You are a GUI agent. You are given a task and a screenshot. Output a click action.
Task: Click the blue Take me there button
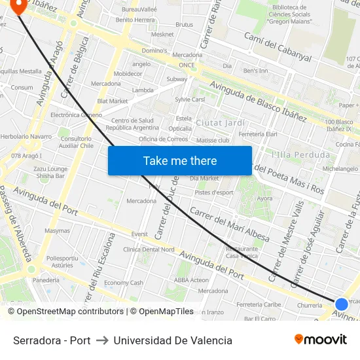[x=180, y=160]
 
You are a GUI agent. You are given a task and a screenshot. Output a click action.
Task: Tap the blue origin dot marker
[x=341, y=304]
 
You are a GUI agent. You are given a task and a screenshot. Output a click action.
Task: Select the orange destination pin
[x=18, y=7]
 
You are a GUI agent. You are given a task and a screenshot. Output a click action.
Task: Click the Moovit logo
[x=320, y=340]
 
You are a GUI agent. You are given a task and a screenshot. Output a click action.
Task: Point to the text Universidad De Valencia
[x=173, y=340]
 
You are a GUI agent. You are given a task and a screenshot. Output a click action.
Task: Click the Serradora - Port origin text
[x=52, y=340]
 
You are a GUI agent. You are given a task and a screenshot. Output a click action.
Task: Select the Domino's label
[x=154, y=50]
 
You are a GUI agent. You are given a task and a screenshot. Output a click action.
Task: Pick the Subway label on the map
[x=177, y=79]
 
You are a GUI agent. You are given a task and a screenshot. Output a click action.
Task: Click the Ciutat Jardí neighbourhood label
[x=221, y=123]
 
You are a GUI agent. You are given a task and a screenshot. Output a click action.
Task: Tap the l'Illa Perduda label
[x=300, y=155]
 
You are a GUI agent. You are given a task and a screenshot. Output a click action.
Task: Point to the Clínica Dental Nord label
[x=149, y=249]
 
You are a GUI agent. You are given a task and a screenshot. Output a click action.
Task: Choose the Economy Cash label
[x=124, y=283]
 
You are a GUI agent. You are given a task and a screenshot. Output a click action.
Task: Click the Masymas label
[x=57, y=231]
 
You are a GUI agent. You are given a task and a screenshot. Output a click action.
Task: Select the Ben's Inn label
[x=255, y=71]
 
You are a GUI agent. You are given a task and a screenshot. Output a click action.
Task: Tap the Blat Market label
[x=113, y=101]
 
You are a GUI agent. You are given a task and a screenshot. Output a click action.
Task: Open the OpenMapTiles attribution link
[x=162, y=312]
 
